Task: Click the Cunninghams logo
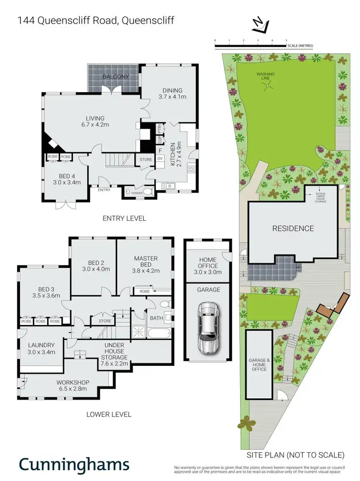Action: [x=74, y=464]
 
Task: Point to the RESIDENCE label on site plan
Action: [x=293, y=228]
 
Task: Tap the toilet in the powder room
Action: [x=148, y=192]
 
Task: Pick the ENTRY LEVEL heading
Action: [x=124, y=218]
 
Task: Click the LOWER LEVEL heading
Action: [x=108, y=414]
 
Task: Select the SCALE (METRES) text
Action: [x=300, y=46]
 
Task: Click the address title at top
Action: [x=96, y=21]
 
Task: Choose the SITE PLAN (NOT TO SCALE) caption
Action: [x=295, y=454]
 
